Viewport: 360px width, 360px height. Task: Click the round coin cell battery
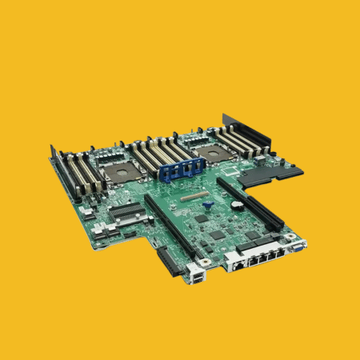pyautogui.click(x=205, y=263)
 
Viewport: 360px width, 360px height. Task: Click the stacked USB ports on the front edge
pyautogui.click(x=194, y=280)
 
